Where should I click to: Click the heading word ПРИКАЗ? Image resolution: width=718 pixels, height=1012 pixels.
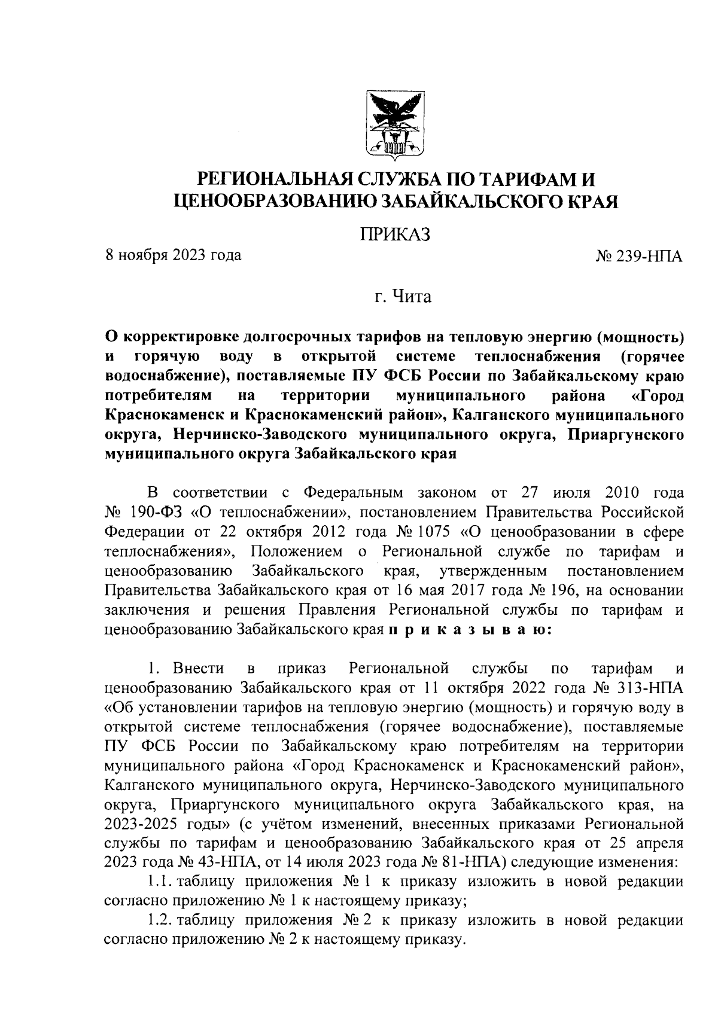[x=395, y=234]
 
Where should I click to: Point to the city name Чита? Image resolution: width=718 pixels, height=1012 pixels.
[x=411, y=297]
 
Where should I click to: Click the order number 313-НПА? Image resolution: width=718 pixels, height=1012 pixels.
[x=648, y=687]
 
